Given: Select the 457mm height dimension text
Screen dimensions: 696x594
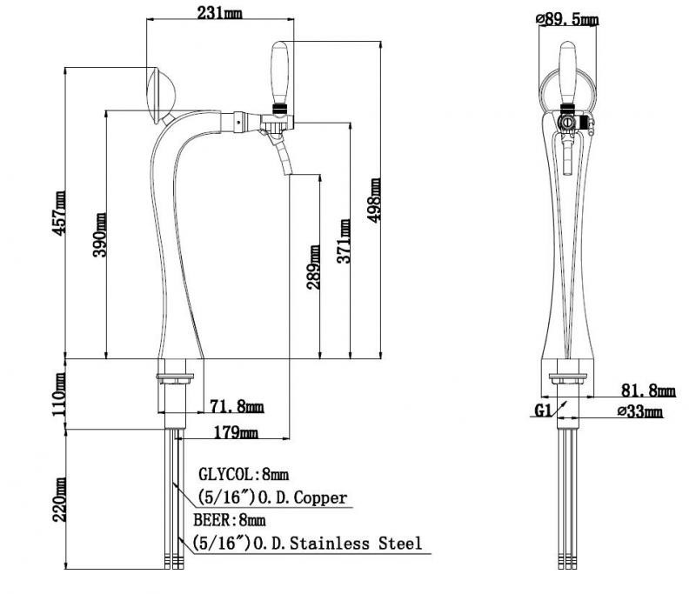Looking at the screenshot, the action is click(59, 212).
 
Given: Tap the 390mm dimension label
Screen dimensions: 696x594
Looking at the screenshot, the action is click(99, 235).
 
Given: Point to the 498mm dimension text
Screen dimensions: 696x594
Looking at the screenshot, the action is click(374, 200).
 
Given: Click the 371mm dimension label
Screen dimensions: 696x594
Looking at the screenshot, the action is click(343, 241).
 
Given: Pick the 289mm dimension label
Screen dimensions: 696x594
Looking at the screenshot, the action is click(313, 268).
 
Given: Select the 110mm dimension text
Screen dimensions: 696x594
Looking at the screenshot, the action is click(59, 394).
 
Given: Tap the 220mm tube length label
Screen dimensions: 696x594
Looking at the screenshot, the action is click(59, 500).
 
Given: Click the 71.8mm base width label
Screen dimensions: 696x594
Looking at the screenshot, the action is click(237, 406).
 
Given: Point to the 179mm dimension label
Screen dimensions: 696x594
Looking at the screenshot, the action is click(236, 432).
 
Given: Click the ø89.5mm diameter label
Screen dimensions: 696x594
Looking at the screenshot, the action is click(567, 19).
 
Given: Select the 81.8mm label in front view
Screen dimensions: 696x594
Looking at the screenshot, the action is click(648, 390).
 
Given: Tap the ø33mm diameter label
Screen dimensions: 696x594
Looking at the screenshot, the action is click(640, 411).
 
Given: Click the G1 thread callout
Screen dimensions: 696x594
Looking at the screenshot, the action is click(542, 410).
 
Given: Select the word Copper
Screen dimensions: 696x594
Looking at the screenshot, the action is click(320, 497).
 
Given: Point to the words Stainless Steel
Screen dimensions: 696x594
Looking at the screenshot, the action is click(356, 544).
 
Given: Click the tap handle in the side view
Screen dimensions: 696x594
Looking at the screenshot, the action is click(279, 73).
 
